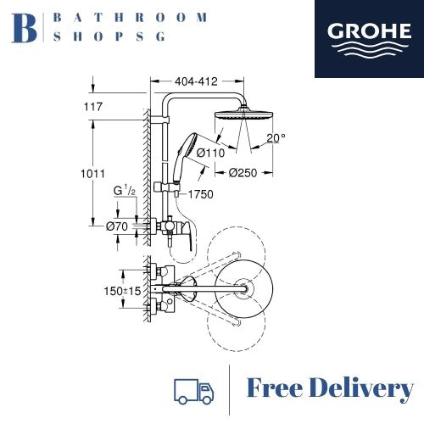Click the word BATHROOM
pyautogui.click(x=130, y=17)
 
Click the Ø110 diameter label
pyautogui.click(x=209, y=153)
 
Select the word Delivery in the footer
pyautogui.click(x=365, y=389)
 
